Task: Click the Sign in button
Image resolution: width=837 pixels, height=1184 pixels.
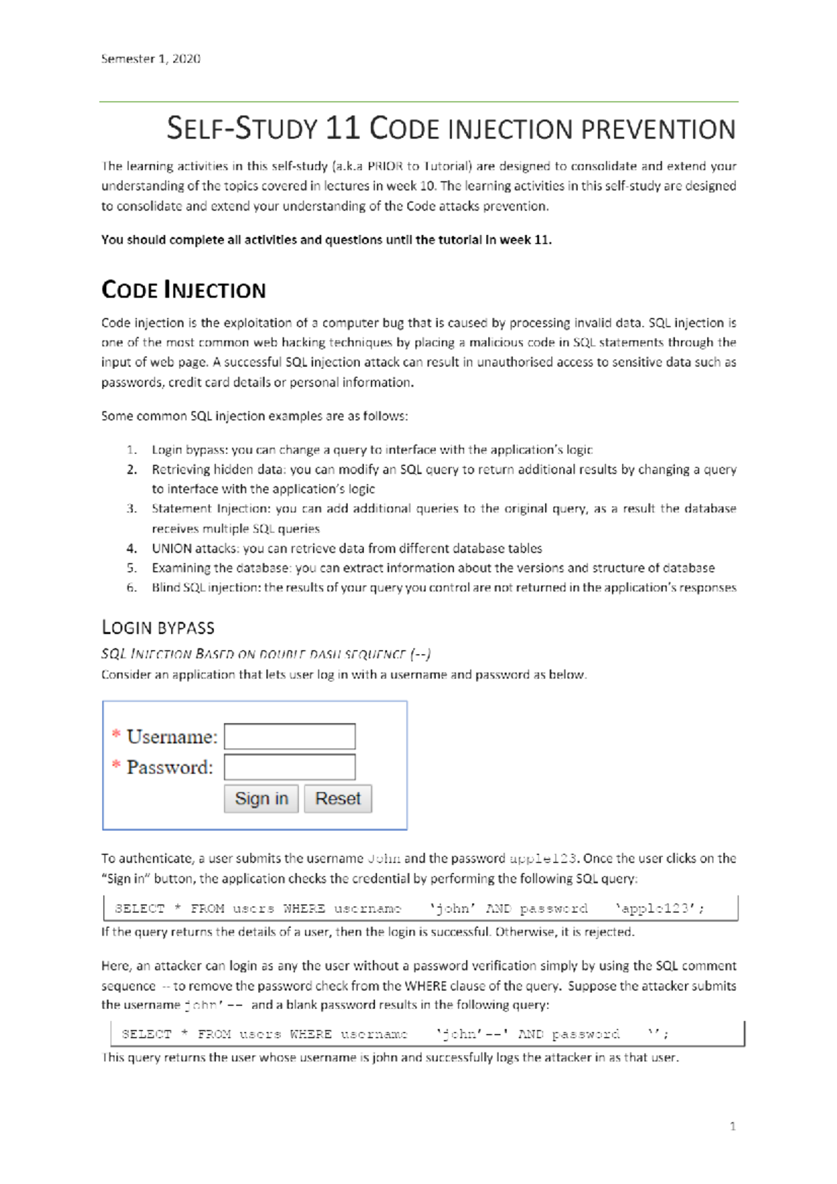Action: [261, 798]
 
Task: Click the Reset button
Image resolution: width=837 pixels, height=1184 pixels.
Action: [338, 798]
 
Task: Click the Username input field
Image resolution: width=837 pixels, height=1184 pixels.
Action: [289, 736]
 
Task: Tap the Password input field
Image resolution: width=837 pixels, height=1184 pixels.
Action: [289, 767]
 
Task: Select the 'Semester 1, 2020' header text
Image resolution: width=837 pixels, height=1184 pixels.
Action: [151, 59]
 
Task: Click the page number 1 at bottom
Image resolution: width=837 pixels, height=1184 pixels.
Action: [732, 1125]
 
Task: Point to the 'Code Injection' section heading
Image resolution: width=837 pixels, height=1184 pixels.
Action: [183, 289]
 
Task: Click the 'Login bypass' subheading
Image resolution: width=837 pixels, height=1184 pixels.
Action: [158, 628]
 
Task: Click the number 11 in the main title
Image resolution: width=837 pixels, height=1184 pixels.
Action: [342, 128]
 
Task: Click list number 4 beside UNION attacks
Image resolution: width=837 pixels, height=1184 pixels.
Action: [132, 548]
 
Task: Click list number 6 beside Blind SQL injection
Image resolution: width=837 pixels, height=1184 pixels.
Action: [132, 587]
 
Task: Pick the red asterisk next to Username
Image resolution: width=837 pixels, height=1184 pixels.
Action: [116, 734]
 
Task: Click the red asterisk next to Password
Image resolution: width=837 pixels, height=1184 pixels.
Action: [116, 765]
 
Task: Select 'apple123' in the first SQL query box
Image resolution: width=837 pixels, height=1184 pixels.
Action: [658, 909]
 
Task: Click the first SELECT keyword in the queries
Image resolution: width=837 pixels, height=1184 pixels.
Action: [139, 909]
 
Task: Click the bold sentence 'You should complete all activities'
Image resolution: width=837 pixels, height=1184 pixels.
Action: [326, 240]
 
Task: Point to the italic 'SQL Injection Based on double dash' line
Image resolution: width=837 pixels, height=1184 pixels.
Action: [266, 654]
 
